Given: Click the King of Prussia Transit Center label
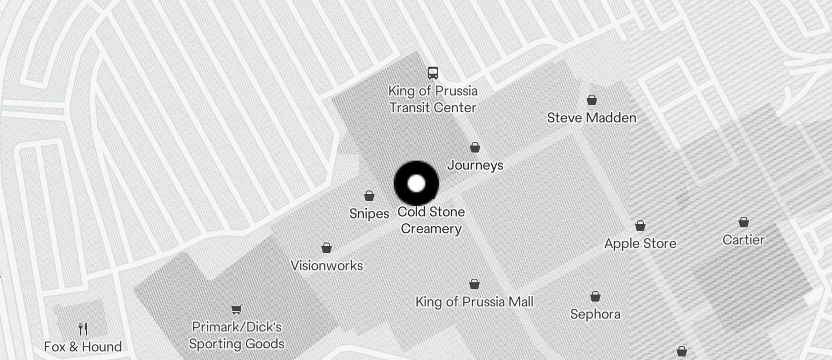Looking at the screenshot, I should click(433, 99).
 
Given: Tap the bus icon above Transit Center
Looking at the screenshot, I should click(433, 72).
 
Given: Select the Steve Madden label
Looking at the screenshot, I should click(591, 117).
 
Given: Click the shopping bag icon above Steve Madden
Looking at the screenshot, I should click(592, 100).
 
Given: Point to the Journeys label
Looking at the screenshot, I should click(475, 165).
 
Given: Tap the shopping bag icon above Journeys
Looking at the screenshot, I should click(475, 147).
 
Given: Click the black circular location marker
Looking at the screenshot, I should click(416, 184).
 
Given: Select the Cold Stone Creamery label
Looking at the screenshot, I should click(431, 220).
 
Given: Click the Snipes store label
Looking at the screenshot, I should click(369, 213).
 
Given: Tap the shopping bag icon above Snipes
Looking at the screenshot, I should click(369, 196).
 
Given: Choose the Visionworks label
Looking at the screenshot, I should click(327, 265).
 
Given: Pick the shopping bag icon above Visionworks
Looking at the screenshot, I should click(327, 248).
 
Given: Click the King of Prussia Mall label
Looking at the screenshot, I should click(474, 302).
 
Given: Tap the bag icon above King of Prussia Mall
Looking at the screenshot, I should click(474, 285).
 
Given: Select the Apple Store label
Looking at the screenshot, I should click(640, 244).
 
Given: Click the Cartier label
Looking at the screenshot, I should click(743, 240).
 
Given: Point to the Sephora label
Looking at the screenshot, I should click(595, 314).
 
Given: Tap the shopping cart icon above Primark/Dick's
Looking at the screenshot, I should click(237, 309).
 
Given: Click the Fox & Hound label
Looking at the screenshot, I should click(83, 347).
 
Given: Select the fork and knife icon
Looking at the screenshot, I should click(83, 329).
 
